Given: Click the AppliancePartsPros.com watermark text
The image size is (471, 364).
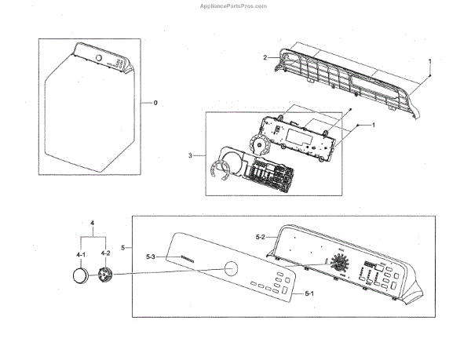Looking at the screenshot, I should click(235, 5).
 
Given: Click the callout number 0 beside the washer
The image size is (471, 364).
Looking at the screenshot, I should click(155, 103).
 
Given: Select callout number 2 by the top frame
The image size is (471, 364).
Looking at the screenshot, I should click(265, 56).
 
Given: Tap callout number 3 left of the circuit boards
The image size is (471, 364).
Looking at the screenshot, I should click(191, 155).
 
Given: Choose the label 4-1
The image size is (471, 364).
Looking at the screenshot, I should click(80, 253).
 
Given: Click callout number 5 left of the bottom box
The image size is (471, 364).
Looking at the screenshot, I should click(122, 248).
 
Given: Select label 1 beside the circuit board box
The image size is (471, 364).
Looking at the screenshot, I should click(374, 126).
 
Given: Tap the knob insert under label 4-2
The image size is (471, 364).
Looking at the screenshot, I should click(104, 277).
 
